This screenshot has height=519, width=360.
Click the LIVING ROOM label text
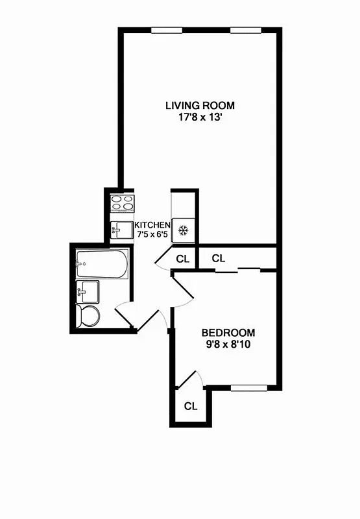pyautogui.click(x=200, y=105)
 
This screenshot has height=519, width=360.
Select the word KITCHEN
pyautogui.click(x=152, y=224)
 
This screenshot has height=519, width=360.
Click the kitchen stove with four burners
pyautogui.click(x=122, y=203)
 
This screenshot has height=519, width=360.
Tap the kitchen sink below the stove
pyautogui.click(x=121, y=230)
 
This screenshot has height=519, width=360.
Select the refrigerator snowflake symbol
pyautogui.click(x=183, y=230)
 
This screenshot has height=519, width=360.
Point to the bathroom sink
pyautogui.click(x=88, y=292)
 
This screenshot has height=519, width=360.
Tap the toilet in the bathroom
pyautogui.click(x=88, y=317)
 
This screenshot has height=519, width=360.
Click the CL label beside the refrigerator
pyautogui.click(x=183, y=258)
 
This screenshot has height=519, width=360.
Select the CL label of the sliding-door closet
pyautogui.click(x=219, y=258)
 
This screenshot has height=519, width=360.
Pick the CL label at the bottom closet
pyautogui.click(x=190, y=407)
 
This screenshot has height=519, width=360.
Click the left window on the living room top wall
pyautogui.click(x=167, y=30)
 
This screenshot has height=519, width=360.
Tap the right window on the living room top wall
pyautogui.click(x=246, y=30)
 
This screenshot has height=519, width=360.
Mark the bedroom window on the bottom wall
pyautogui.click(x=249, y=388)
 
